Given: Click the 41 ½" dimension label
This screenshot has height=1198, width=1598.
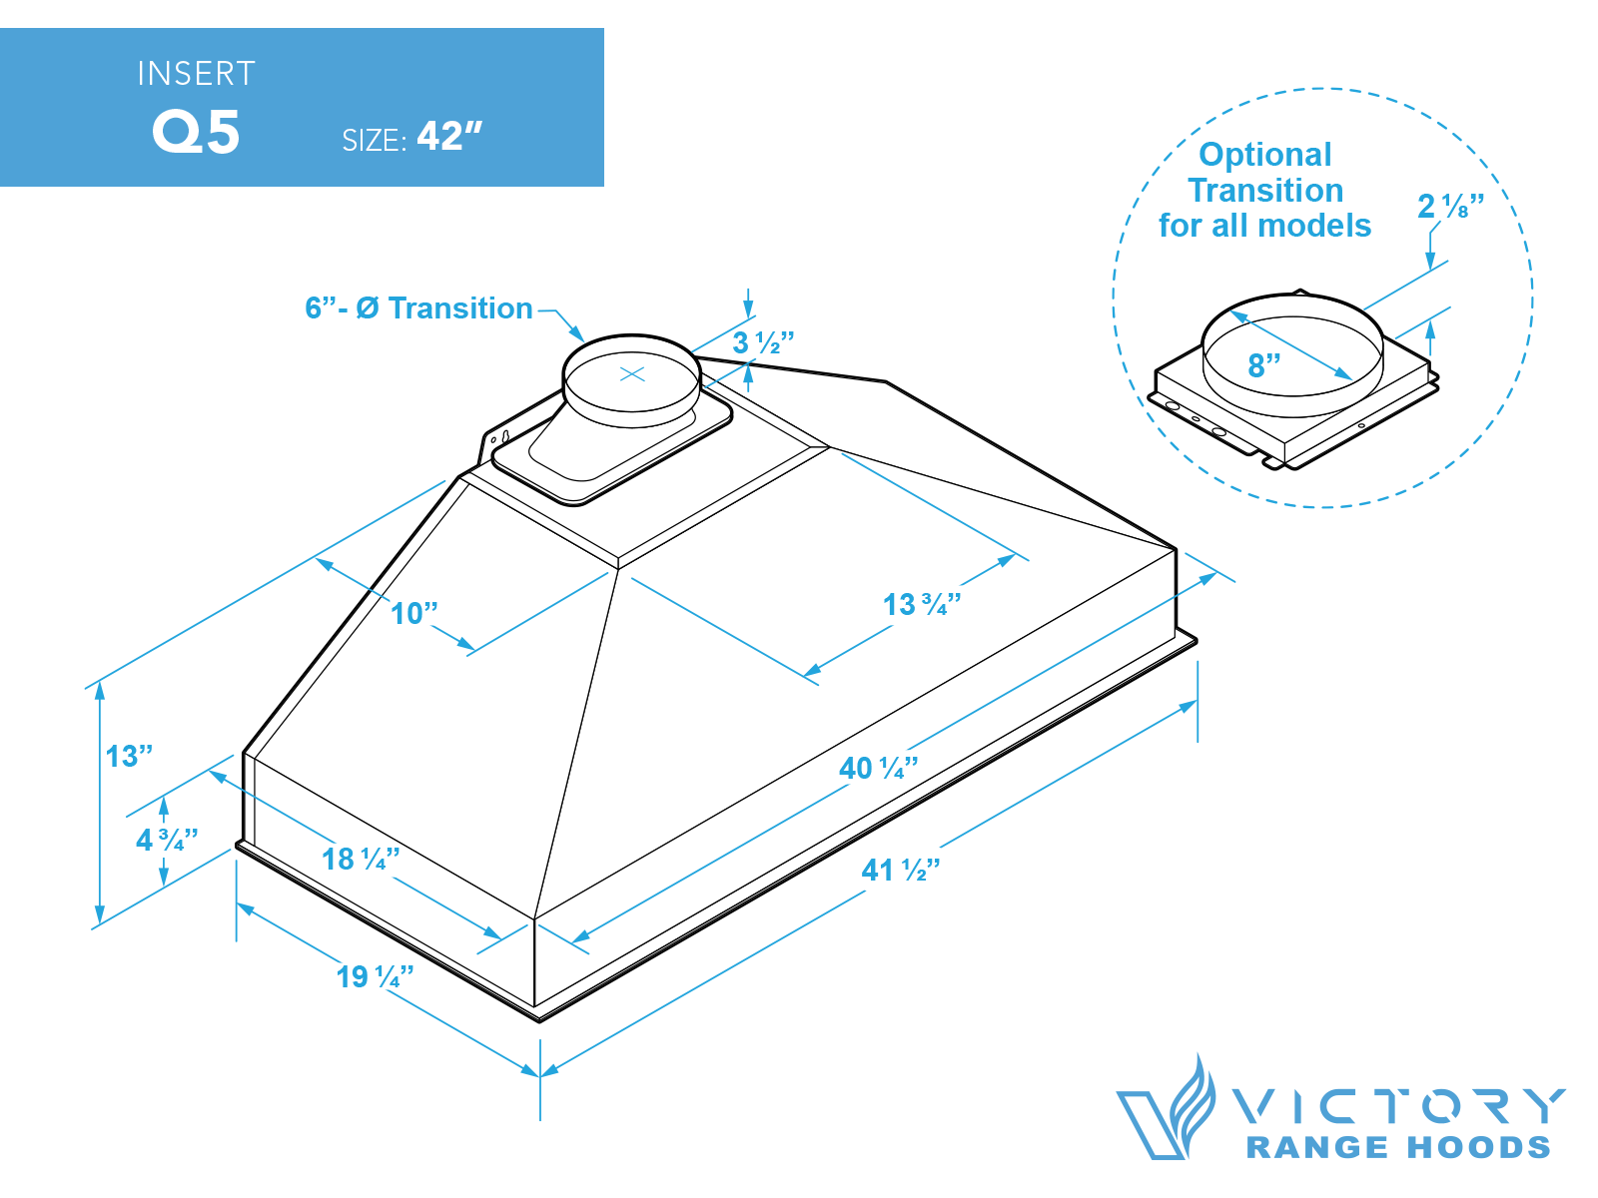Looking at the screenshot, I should click(x=900, y=871).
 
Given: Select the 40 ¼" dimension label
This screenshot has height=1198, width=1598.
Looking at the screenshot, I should click(x=878, y=768).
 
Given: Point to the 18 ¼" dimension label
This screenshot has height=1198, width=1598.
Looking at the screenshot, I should click(x=361, y=859).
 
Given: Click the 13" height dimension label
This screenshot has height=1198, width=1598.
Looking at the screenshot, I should click(x=129, y=756).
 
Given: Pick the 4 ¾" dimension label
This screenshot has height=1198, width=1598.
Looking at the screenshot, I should click(x=167, y=840).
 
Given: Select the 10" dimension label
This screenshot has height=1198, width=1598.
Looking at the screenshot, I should click(x=413, y=613).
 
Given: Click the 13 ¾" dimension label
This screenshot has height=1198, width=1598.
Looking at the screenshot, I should click(x=921, y=604).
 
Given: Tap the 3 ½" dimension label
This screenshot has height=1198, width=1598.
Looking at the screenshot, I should click(x=763, y=342).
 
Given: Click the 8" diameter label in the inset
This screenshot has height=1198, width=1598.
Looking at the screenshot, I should click(x=1264, y=365).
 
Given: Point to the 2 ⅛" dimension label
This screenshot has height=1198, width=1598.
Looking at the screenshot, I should click(x=1450, y=206).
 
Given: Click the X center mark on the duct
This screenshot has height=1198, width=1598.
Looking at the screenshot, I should click(x=632, y=374).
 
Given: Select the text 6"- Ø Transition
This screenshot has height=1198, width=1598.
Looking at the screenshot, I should click(x=418, y=308).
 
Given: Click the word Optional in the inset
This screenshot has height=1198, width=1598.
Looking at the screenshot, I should click(x=1264, y=155).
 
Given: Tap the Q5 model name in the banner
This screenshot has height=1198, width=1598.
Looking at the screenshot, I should click(x=196, y=132).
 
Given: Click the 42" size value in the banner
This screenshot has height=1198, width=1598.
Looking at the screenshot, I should click(x=449, y=136).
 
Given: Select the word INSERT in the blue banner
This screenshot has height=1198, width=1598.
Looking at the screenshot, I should click(x=196, y=74).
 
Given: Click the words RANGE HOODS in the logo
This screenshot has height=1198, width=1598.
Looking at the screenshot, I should click(x=1398, y=1148).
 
